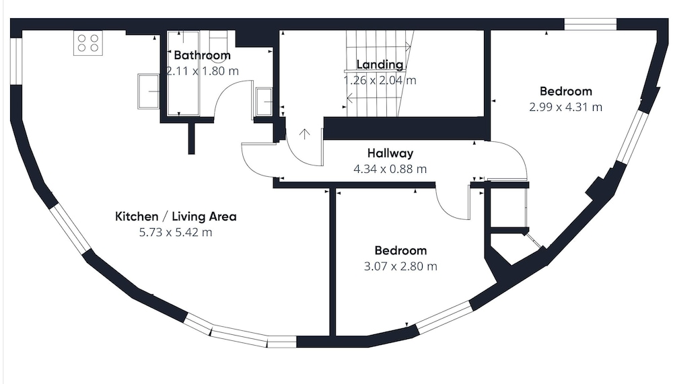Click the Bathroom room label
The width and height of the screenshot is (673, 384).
202,55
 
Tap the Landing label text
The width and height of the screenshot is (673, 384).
380,65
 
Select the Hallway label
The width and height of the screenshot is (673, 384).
390,153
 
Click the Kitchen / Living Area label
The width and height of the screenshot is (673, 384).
176,217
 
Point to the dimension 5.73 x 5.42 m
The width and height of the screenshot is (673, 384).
176,233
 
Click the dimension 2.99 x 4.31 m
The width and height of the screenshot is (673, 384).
566,107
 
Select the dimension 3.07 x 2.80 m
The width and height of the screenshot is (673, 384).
400,266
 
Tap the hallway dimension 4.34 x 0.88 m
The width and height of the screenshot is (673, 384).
390,169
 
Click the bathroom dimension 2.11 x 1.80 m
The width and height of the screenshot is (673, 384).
202,71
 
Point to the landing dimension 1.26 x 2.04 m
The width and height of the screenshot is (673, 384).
380,80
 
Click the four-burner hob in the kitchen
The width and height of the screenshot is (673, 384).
88,43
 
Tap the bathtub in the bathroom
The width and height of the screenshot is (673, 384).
183,73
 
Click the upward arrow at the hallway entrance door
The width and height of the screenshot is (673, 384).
304,134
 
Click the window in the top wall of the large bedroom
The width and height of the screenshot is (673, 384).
590,24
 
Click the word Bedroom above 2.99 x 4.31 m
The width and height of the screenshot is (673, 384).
566,91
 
